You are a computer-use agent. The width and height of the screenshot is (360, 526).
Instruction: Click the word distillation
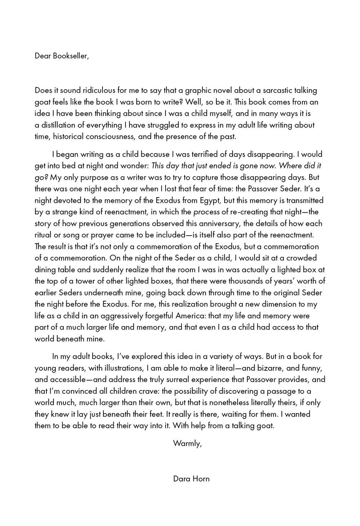pyautogui.click(x=60, y=125)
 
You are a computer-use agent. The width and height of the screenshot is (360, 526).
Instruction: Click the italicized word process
pyautogui.click(x=205, y=212)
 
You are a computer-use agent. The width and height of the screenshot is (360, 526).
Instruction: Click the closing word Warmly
pyautogui.click(x=187, y=443)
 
